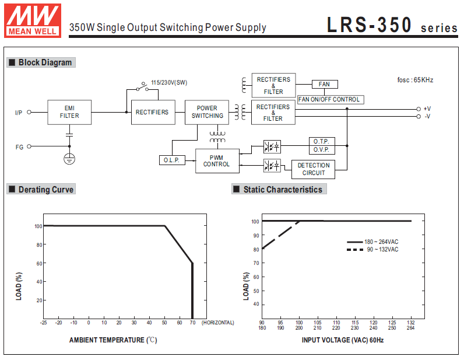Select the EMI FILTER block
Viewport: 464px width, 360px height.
pyautogui.click(x=69, y=112)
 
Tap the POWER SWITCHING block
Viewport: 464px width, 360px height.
pyautogui.click(x=207, y=112)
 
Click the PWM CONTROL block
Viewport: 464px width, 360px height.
pyautogui.click(x=216, y=161)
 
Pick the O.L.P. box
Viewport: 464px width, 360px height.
pyautogui.click(x=171, y=160)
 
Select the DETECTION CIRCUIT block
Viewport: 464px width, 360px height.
pyautogui.click(x=314, y=169)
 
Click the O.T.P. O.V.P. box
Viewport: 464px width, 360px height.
pyautogui.click(x=321, y=145)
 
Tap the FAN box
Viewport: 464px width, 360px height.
pyautogui.click(x=324, y=85)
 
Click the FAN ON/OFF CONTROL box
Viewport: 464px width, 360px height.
pyautogui.click(x=329, y=99)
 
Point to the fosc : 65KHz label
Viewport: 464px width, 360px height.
pyautogui.click(x=415, y=80)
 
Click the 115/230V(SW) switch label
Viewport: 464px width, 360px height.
pyautogui.click(x=169, y=83)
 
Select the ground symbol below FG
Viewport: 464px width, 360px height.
pyautogui.click(x=69, y=158)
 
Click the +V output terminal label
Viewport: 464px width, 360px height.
pyautogui.click(x=427, y=109)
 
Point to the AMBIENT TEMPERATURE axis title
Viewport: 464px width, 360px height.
pyautogui.click(x=113, y=340)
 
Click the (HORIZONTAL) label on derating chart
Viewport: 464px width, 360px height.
pyautogui.click(x=218, y=322)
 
